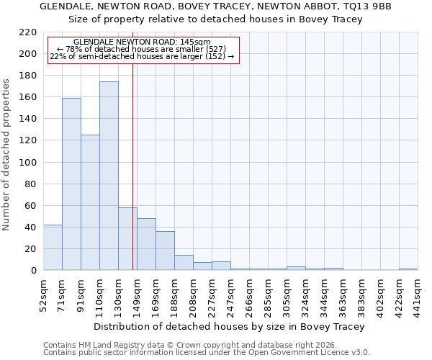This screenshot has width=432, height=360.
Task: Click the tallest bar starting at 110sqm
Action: click(x=109, y=176)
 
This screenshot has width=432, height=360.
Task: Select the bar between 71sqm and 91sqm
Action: click(x=71, y=184)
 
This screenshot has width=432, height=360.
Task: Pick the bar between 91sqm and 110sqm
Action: click(x=90, y=202)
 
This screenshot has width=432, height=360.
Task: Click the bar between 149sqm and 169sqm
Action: click(x=146, y=244)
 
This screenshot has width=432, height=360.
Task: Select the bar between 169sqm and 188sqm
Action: click(x=165, y=251)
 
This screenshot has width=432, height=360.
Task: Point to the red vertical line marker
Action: click(x=132, y=166)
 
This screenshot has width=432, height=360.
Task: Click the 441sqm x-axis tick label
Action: click(x=418, y=294)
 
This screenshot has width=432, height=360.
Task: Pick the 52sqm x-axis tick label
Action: click(x=43, y=294)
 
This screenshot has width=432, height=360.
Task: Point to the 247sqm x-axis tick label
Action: click(x=230, y=294)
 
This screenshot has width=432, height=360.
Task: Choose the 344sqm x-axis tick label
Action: click(x=324, y=294)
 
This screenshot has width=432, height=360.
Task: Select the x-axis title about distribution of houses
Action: click(x=230, y=326)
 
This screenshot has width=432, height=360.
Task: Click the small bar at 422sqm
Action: click(x=408, y=269)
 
